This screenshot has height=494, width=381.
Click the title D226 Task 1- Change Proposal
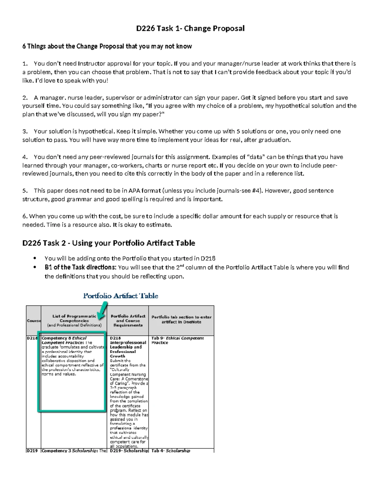tap(190, 28)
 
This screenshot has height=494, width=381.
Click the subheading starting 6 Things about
tap(107, 46)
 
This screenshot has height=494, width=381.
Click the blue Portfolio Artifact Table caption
tap(120, 296)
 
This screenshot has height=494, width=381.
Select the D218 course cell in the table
tap(32, 338)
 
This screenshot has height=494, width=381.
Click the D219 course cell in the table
tap(32, 450)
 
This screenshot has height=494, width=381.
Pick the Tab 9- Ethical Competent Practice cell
tap(177, 340)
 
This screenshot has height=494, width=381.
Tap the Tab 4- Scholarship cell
tap(171, 450)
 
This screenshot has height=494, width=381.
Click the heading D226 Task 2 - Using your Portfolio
tap(109, 243)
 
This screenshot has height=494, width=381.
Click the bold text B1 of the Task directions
tap(80, 268)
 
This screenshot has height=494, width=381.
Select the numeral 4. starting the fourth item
tap(25, 157)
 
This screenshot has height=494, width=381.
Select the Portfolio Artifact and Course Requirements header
tap(128, 321)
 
